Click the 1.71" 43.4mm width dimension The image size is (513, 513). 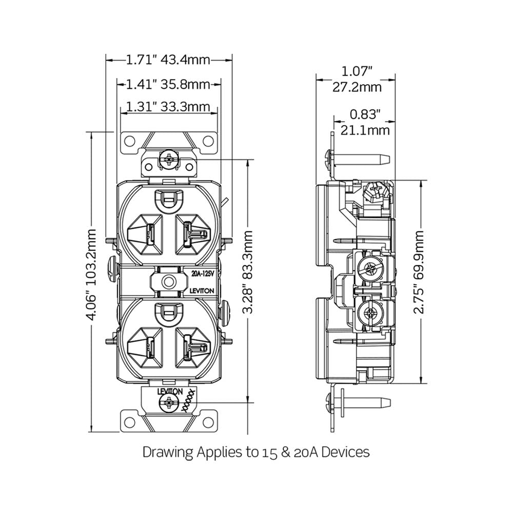point(168,60)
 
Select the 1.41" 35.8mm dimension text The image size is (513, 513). point(168,84)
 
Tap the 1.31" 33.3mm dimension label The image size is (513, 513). point(168,107)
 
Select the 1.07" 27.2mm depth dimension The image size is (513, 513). point(356,78)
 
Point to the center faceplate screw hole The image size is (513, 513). point(167,281)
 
